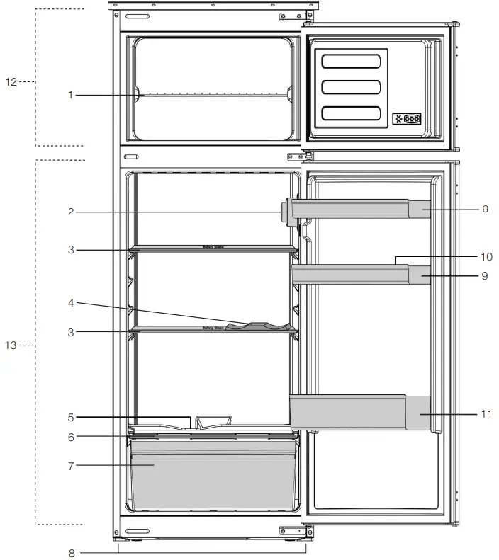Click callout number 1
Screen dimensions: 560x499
pyautogui.click(x=70, y=95)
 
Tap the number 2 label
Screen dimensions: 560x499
pyautogui.click(x=70, y=211)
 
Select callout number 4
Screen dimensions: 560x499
pyautogui.click(x=70, y=303)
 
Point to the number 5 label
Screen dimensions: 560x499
pyautogui.click(x=70, y=417)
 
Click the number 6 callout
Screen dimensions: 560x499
pyautogui.click(x=70, y=437)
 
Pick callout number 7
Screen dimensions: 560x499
pyautogui.click(x=70, y=465)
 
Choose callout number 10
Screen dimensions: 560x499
pyautogui.click(x=485, y=257)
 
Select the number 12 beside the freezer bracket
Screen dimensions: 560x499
pyautogui.click(x=11, y=82)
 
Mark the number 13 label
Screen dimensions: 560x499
pyautogui.click(x=11, y=345)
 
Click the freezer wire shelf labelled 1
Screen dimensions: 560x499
pyautogui.click(x=213, y=94)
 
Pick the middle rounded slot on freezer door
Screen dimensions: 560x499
pyautogui.click(x=351, y=88)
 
